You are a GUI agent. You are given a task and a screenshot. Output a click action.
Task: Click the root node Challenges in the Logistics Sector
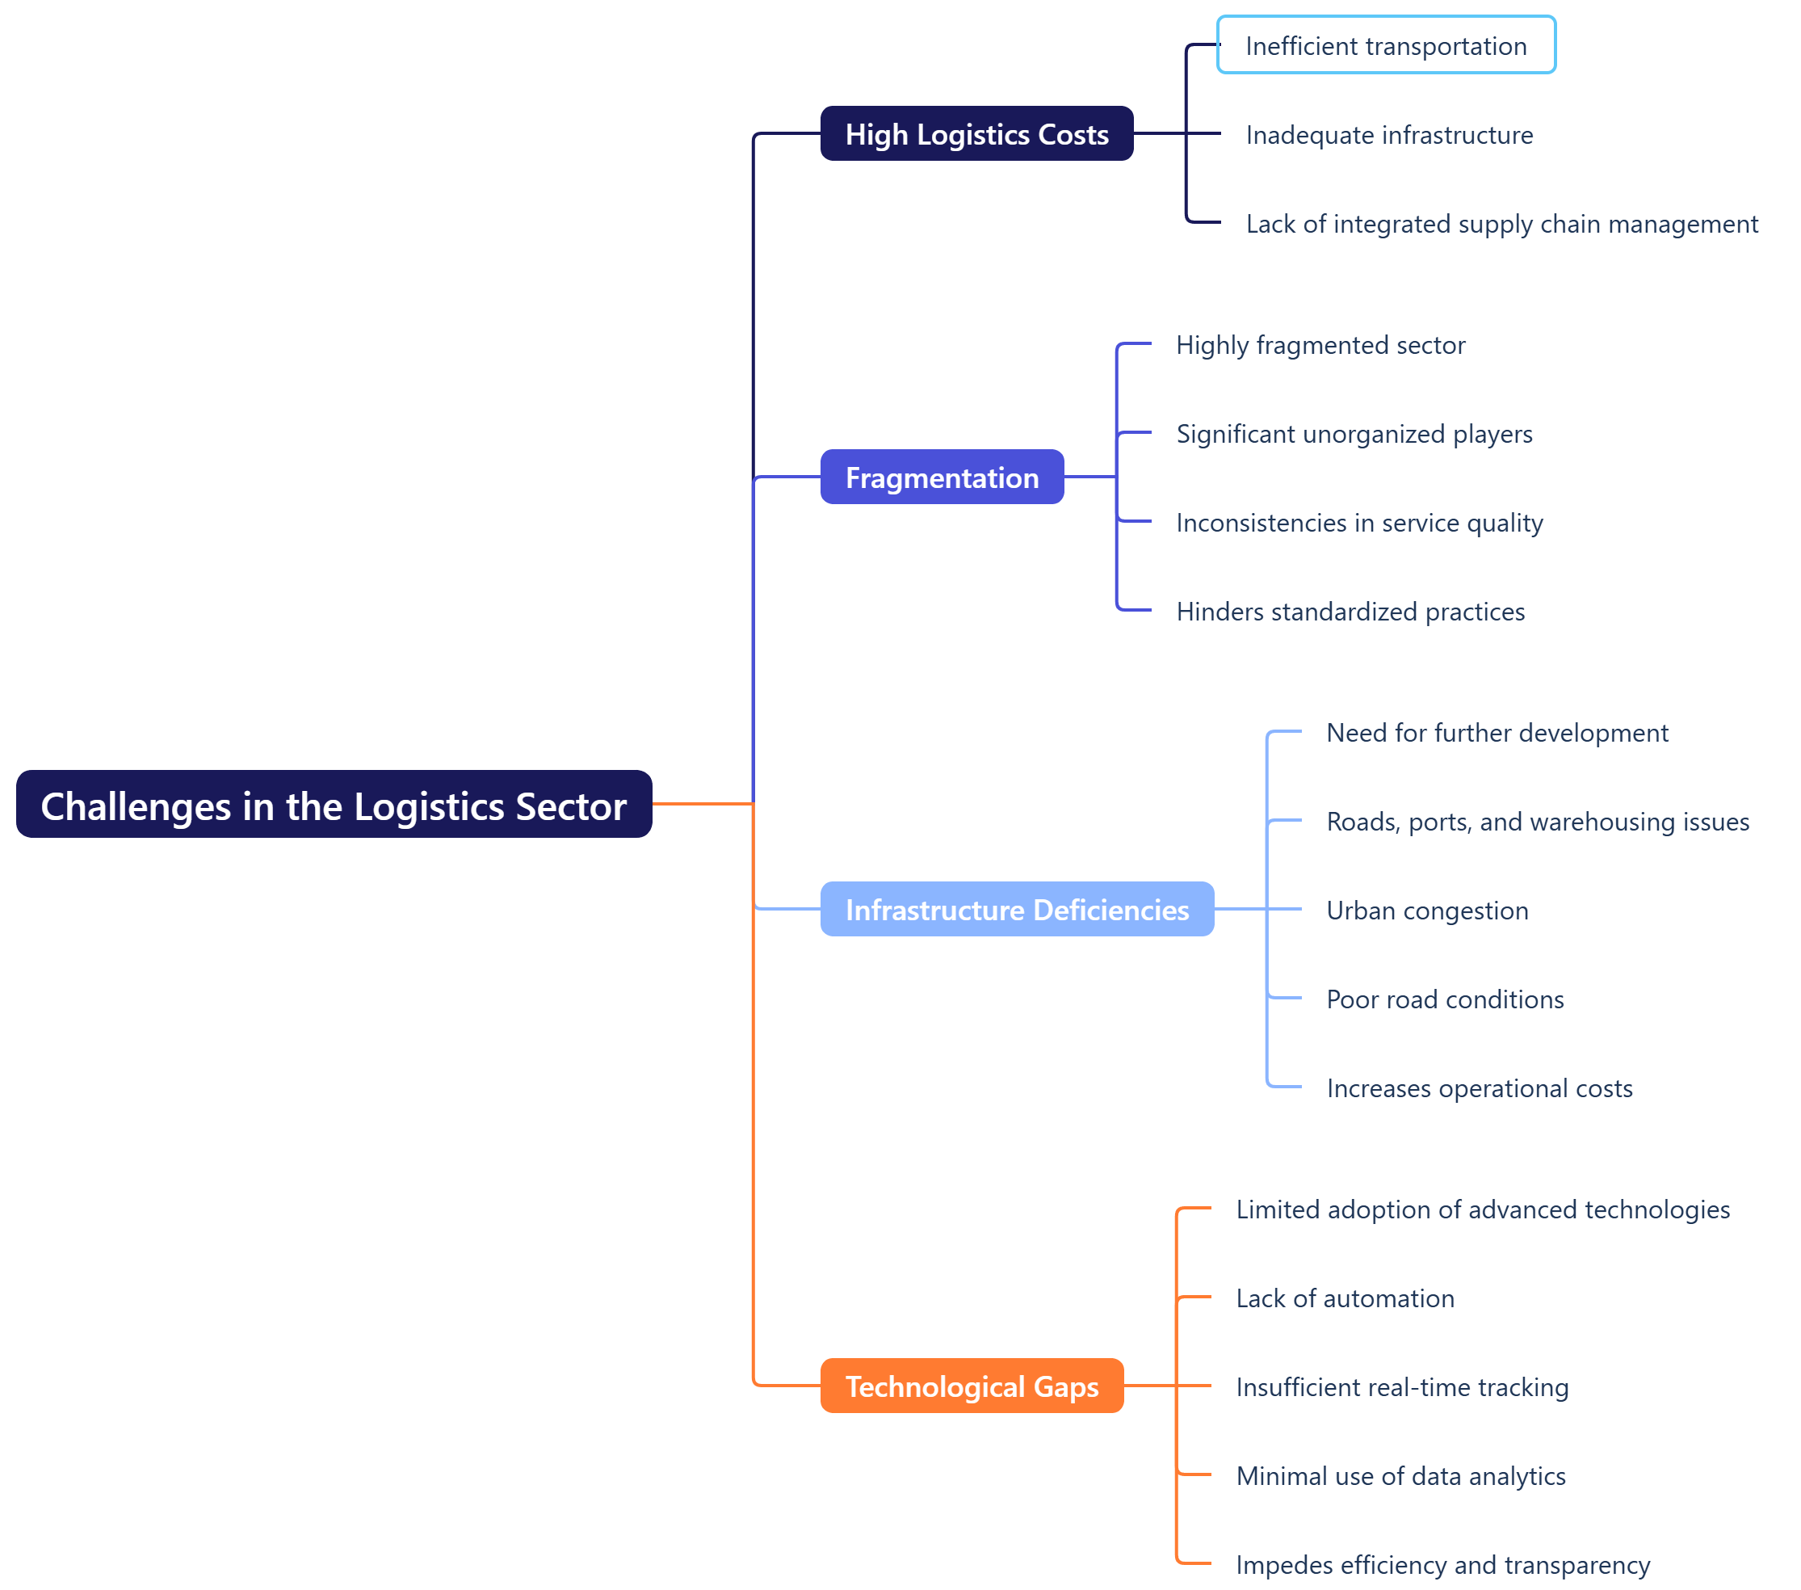pyautogui.click(x=333, y=806)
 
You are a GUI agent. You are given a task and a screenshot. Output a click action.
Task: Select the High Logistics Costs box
pyautogui.click(x=976, y=134)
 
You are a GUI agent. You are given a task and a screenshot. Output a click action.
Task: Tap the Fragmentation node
pyautogui.click(x=942, y=477)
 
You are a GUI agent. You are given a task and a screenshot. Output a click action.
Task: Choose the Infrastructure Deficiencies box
pyautogui.click(x=1017, y=910)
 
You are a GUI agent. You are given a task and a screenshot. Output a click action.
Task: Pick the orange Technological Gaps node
pyautogui.click(x=972, y=1386)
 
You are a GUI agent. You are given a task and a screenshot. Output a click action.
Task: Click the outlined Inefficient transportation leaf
pyautogui.click(x=1386, y=46)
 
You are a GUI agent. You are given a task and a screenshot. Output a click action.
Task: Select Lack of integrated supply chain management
pyautogui.click(x=1501, y=224)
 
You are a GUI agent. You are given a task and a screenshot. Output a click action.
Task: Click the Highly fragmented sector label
pyautogui.click(x=1320, y=345)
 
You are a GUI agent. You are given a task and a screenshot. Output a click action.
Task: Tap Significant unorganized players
pyautogui.click(x=1354, y=434)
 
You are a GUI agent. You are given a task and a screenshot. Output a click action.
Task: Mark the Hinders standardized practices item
pyautogui.click(x=1350, y=612)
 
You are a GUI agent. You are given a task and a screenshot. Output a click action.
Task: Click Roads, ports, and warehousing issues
pyautogui.click(x=1538, y=822)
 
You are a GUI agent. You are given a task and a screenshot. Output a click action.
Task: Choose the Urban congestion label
pyautogui.click(x=1427, y=911)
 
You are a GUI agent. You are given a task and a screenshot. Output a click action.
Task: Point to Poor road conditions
pyautogui.click(x=1445, y=999)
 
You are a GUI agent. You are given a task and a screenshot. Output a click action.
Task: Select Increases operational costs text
pyautogui.click(x=1480, y=1088)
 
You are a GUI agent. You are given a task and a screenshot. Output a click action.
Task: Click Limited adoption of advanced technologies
pyautogui.click(x=1483, y=1209)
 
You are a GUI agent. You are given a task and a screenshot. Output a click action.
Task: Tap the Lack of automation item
pyautogui.click(x=1345, y=1298)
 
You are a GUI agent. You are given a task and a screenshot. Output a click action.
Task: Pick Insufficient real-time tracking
pyautogui.click(x=1402, y=1387)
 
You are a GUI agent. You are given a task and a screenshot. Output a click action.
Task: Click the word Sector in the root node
pyautogui.click(x=571, y=806)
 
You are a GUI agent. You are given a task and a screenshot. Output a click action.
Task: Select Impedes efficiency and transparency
pyautogui.click(x=1442, y=1565)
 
